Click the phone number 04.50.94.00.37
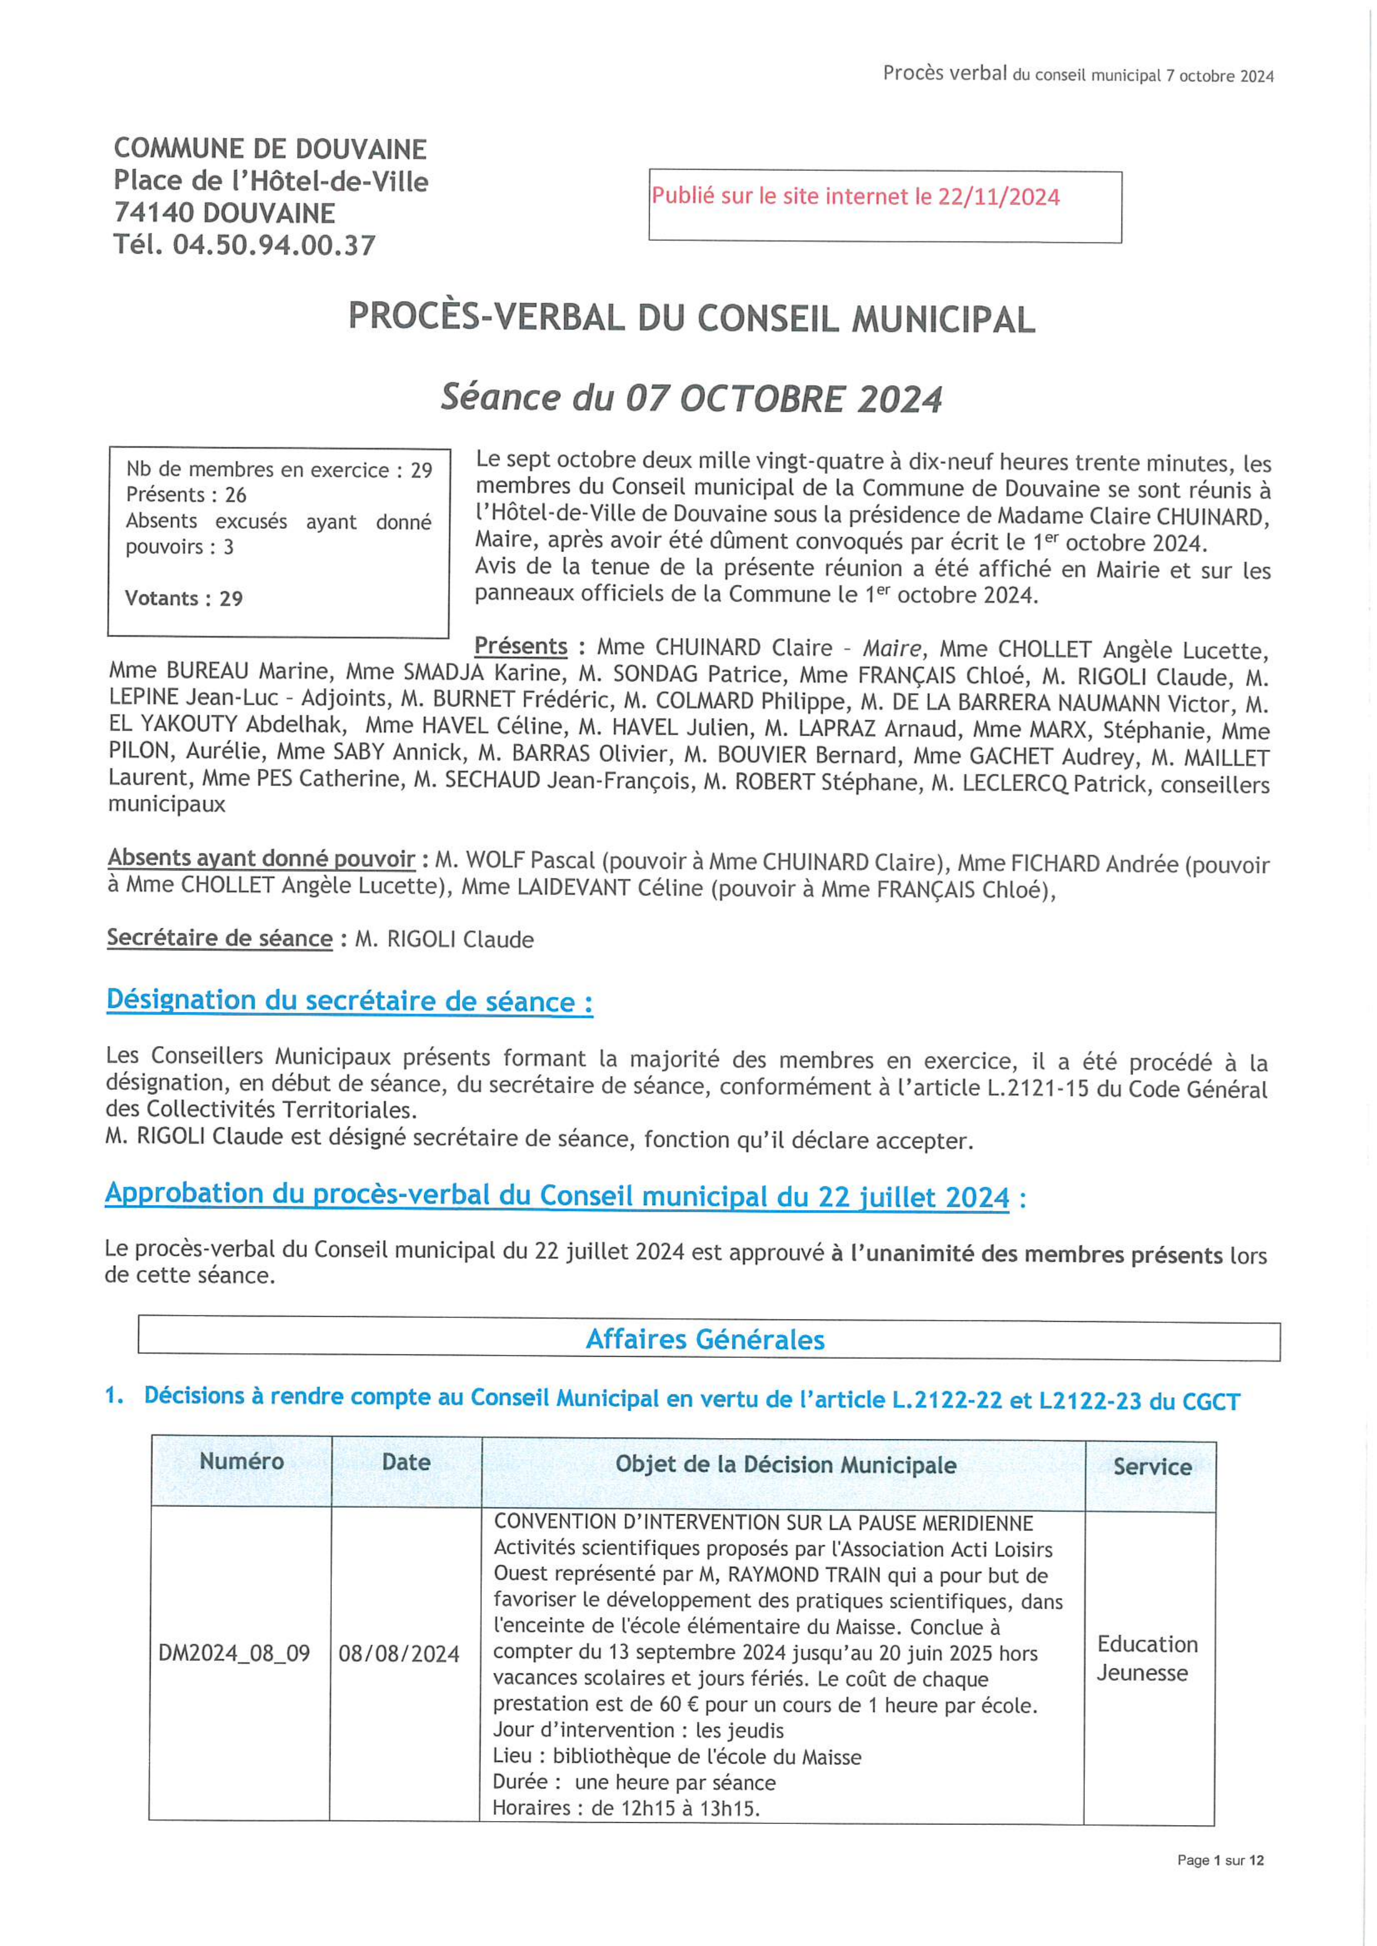coord(274,245)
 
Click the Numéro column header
coord(242,1461)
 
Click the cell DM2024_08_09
coord(234,1653)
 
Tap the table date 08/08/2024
coord(399,1654)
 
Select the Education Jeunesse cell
coord(1147,1658)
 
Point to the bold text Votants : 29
coord(184,598)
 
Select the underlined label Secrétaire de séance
coord(220,938)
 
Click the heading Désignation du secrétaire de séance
coord(349,1001)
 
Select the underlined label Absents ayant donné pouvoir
coord(261,858)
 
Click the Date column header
coord(406,1462)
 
